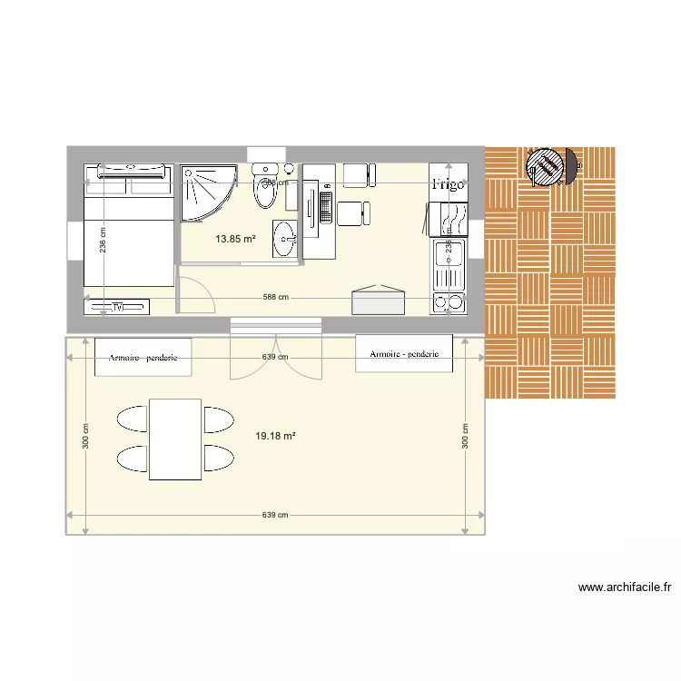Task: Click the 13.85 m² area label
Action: coord(235,240)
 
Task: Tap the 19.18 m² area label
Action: coord(275,436)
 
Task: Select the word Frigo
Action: coord(448,183)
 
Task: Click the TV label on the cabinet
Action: coord(117,307)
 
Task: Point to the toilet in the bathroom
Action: coord(265,188)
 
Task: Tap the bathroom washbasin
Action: coord(285,240)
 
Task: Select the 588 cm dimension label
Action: coord(276,297)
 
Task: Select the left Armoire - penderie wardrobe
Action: coord(143,357)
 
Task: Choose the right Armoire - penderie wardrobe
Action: coord(404,353)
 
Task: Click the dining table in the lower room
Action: coord(175,439)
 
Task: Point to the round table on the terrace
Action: coord(547,167)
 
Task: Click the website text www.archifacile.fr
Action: coord(625,587)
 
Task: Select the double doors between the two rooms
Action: coord(275,349)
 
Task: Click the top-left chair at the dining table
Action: coord(133,419)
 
